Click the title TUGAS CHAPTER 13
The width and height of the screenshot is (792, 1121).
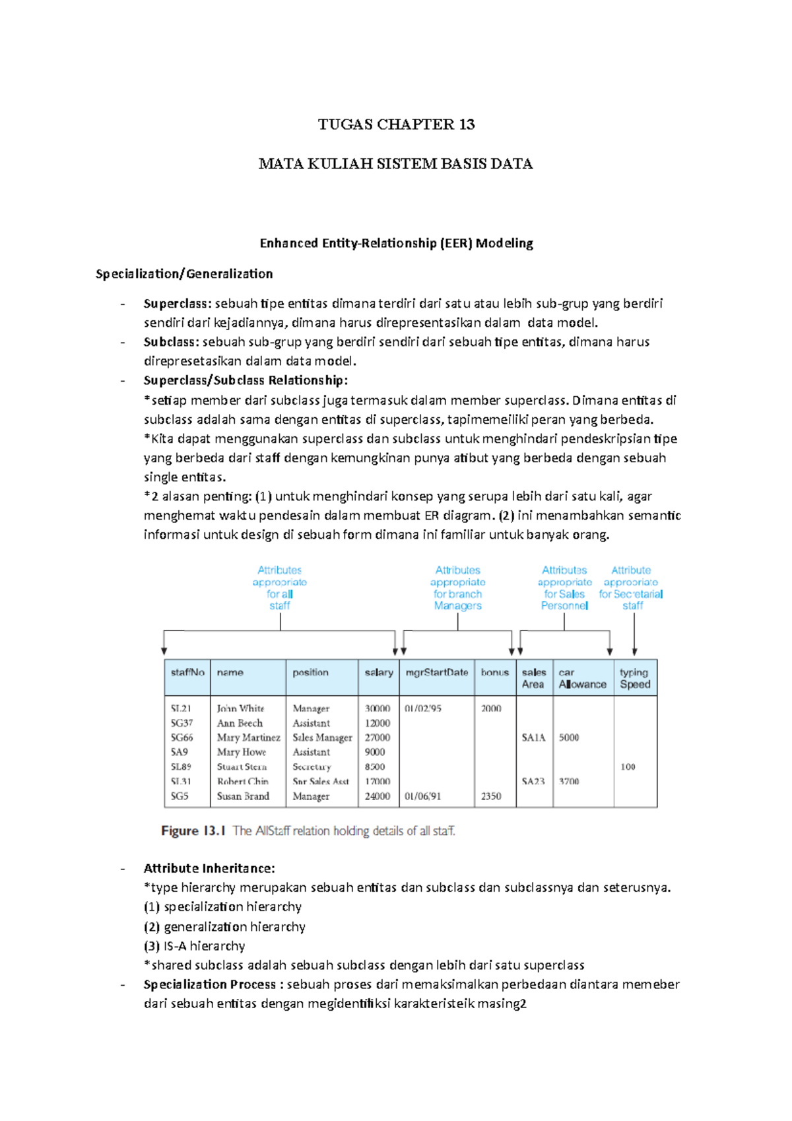(396, 125)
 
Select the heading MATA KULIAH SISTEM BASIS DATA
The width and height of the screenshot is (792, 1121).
(395, 164)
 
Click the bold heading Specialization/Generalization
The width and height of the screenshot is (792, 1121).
(184, 274)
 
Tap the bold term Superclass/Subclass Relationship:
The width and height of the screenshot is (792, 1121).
(246, 380)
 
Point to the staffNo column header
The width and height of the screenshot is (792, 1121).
(187, 673)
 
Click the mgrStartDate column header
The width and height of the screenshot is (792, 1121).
(436, 673)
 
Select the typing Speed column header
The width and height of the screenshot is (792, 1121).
(634, 679)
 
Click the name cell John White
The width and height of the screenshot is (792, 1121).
(240, 708)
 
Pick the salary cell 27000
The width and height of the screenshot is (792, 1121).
(378, 737)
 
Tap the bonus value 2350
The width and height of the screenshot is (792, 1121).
(491, 796)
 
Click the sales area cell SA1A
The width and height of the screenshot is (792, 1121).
(533, 737)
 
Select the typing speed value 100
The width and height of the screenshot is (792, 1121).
(628, 766)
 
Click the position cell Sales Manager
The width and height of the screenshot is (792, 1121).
(322, 737)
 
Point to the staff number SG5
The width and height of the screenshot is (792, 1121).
(180, 796)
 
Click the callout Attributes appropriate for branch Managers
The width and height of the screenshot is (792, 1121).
(457, 588)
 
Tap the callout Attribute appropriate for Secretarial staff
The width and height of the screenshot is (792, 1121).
(631, 588)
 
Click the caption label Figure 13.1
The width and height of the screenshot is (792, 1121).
(193, 831)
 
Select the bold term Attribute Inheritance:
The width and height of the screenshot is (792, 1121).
(209, 869)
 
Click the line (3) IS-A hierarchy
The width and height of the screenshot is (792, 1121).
(194, 946)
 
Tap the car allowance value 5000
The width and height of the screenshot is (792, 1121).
(569, 737)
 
